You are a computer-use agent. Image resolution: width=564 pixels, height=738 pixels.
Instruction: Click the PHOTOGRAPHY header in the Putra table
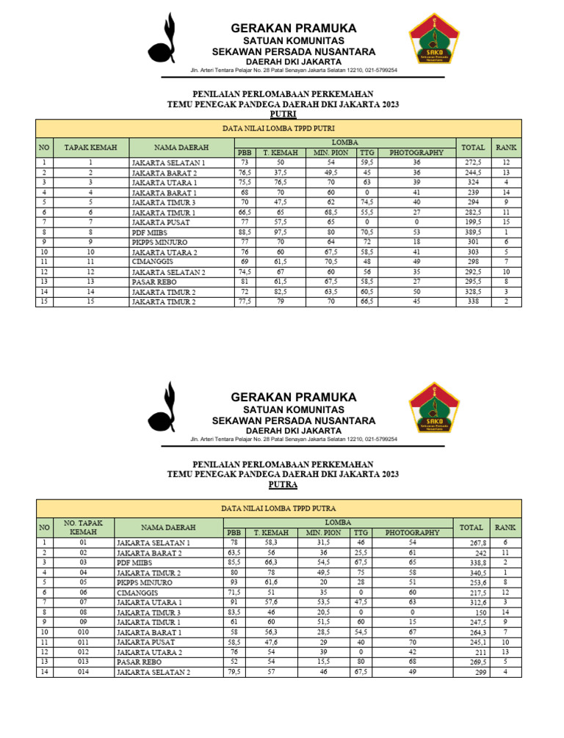412,533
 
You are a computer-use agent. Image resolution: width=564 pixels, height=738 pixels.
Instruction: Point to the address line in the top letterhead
294,70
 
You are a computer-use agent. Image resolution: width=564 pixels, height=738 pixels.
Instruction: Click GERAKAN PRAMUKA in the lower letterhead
294,397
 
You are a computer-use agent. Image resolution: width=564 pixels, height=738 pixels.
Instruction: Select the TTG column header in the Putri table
367,153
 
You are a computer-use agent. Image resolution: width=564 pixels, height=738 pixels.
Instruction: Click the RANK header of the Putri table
505,147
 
